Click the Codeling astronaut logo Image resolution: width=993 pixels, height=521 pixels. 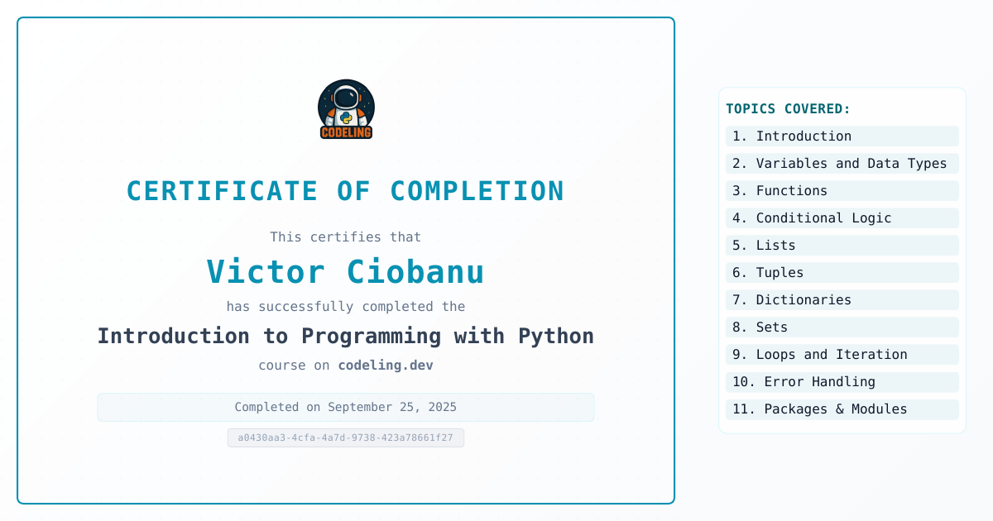coord(346,109)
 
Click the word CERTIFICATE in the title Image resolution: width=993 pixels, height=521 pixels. coord(222,191)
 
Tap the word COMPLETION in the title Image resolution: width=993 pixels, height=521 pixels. coord(477,191)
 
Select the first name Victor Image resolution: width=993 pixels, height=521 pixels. coord(266,271)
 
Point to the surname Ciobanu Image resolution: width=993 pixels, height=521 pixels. coord(415,271)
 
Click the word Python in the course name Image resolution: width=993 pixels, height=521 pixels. coord(556,337)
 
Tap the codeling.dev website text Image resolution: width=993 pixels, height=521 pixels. coord(386,365)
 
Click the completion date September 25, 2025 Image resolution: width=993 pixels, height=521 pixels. coord(392,407)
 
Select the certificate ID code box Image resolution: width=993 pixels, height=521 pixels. coord(346,437)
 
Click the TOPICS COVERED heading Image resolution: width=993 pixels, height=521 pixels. coord(788,108)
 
